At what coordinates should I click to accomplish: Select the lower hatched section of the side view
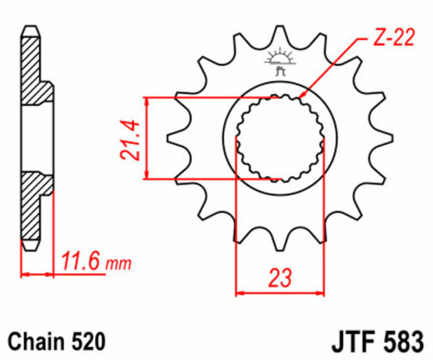[x=34, y=206]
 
